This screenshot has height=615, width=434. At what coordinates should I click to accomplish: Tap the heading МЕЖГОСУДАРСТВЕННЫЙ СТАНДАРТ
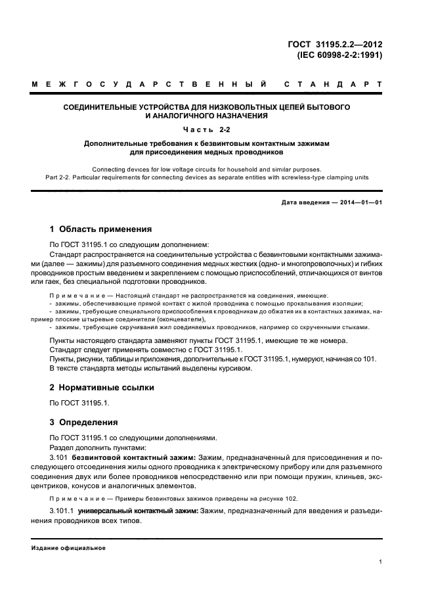207,85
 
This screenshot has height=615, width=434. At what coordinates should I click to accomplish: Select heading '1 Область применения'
101,229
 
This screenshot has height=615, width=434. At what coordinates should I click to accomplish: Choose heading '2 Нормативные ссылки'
102,388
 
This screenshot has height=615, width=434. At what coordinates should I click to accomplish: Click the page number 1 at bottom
381,562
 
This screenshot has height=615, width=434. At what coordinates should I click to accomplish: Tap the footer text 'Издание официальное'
69,548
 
